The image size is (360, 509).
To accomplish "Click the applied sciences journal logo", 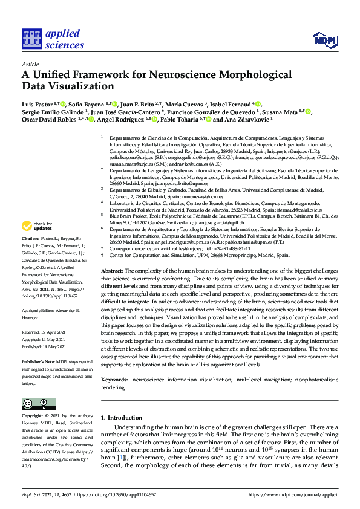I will [53, 39].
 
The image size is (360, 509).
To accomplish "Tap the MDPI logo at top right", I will [324, 41].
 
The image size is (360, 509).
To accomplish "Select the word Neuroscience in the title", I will [177, 76].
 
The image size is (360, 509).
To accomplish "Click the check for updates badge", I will [36, 227].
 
